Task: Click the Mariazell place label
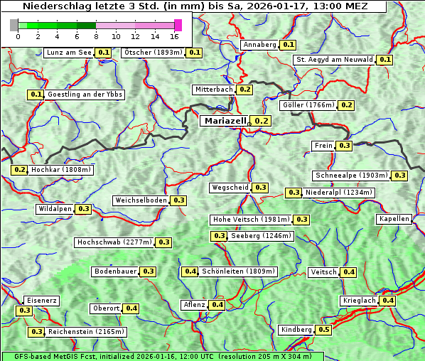(x=225, y=121)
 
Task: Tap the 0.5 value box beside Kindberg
(x=323, y=330)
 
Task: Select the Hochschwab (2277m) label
(x=114, y=242)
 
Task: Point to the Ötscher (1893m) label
(x=153, y=53)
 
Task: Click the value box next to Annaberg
(x=288, y=45)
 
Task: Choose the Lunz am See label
(x=68, y=53)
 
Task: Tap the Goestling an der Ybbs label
(x=85, y=95)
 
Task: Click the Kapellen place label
(x=394, y=219)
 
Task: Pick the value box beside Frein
(x=344, y=146)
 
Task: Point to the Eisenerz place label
(x=41, y=301)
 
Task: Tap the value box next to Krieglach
(x=387, y=301)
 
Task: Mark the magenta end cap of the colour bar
(x=178, y=25)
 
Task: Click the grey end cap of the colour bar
(x=14, y=25)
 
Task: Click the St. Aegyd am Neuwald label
(x=334, y=60)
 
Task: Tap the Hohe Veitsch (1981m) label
(x=251, y=220)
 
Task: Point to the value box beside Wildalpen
(x=83, y=209)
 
